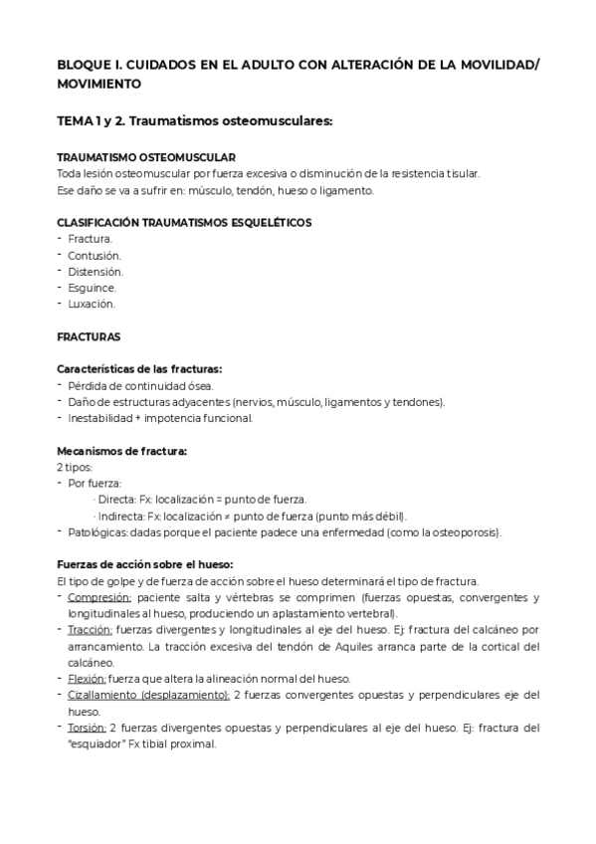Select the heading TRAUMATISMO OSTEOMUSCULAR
[x=146, y=157]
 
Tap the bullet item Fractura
[x=90, y=239]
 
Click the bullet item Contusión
[x=95, y=255]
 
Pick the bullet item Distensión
[x=96, y=271]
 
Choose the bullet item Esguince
[x=93, y=287]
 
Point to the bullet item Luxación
[x=92, y=303]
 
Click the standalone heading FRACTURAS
[x=90, y=336]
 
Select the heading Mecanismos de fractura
[x=122, y=450]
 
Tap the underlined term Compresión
[x=99, y=597]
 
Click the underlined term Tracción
[x=91, y=630]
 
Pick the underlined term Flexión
[x=88, y=678]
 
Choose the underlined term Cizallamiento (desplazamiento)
[x=148, y=694]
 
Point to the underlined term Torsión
[x=88, y=727]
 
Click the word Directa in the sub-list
[x=116, y=499]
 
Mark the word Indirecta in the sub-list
[x=120, y=516]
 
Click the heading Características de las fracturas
[x=139, y=369]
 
